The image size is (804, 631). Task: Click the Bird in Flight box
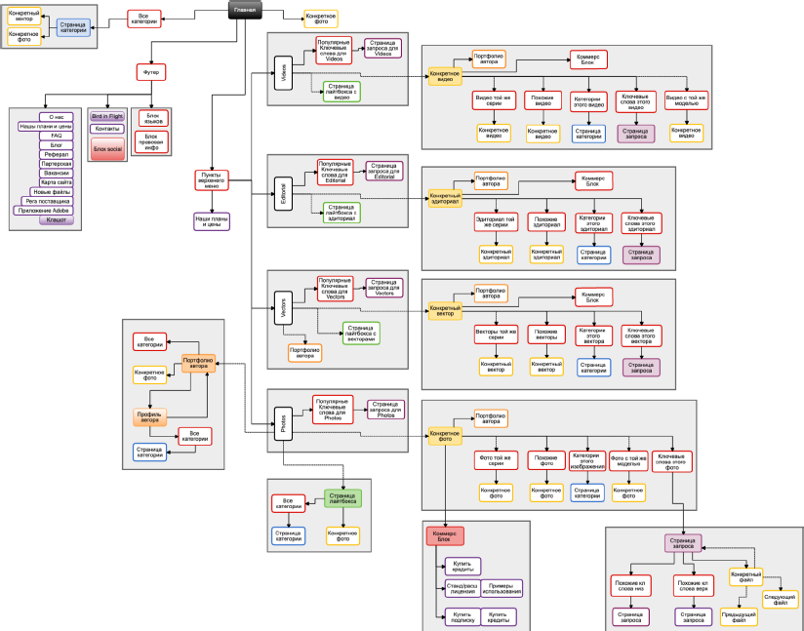[x=107, y=115]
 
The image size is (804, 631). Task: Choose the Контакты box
[x=107, y=129]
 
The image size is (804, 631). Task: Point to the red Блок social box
[x=107, y=148]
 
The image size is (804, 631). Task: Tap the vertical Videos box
[x=284, y=74]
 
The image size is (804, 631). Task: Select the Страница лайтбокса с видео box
[x=342, y=92]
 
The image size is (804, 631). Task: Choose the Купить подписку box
[x=461, y=616]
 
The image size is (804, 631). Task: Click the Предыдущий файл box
[x=738, y=615]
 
